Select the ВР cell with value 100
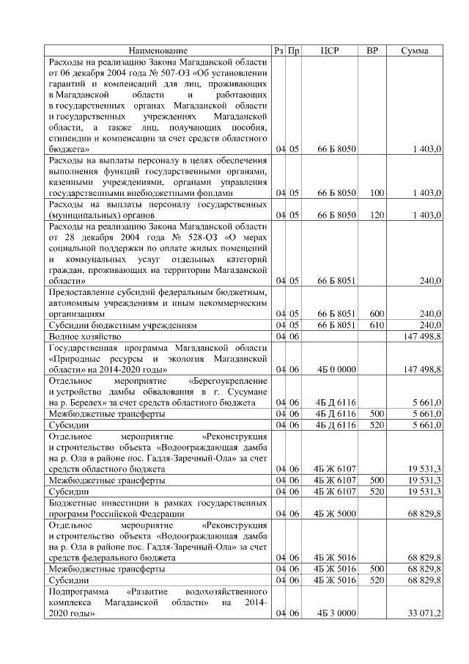(377, 193)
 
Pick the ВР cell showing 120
(377, 215)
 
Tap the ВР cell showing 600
(377, 313)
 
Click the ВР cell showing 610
(377, 324)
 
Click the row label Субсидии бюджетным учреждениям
(111, 324)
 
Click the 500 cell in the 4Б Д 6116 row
(377, 414)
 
